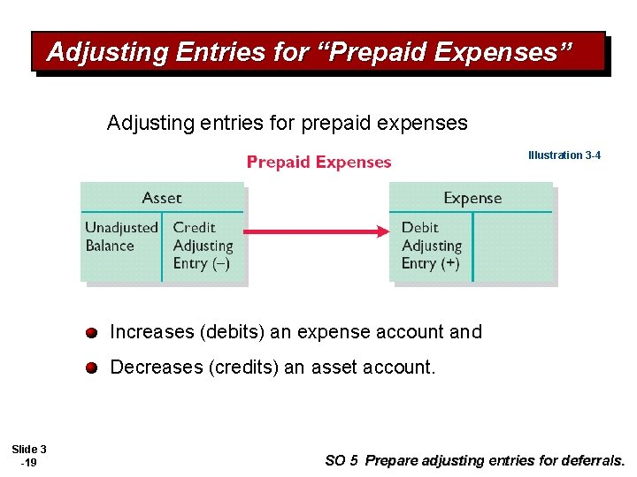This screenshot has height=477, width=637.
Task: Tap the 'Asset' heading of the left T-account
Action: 161,198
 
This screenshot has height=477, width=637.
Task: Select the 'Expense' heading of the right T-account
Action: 472,198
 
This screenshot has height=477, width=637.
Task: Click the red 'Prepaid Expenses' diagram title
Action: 318,162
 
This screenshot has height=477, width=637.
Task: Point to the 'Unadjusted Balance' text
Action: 121,237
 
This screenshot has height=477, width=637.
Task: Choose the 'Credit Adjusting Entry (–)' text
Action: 203,246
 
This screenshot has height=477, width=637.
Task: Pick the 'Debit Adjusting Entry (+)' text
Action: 432,246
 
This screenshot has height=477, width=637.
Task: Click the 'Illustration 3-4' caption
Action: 564,155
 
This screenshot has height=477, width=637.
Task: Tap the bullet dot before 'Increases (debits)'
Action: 91,333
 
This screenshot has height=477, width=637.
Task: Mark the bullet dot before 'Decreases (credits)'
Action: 91,368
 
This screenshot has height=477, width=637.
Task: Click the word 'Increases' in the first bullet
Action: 151,332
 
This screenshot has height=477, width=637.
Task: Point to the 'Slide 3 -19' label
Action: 29,456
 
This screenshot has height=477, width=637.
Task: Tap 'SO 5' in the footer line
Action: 342,460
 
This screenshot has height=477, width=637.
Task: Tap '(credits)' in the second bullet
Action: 242,367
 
